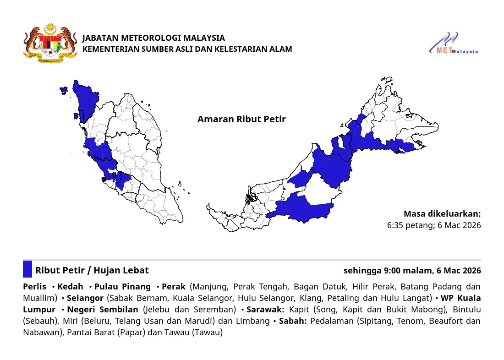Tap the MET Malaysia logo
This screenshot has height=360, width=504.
tap(454, 44)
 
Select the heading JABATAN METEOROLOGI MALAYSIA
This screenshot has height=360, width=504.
tap(153, 38)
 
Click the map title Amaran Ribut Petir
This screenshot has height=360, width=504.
tap(241, 120)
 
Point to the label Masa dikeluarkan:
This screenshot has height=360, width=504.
tap(442, 214)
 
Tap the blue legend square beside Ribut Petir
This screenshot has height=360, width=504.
tap(27, 269)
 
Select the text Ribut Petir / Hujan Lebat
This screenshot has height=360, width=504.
tap(92, 270)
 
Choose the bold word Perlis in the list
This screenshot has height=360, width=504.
tap(34, 287)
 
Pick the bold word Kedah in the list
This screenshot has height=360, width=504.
tap(70, 287)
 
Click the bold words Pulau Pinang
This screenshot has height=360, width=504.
tap(122, 287)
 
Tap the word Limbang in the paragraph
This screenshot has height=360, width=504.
tap(252, 321)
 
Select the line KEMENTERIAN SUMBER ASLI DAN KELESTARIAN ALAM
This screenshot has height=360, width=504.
tap(187, 49)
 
